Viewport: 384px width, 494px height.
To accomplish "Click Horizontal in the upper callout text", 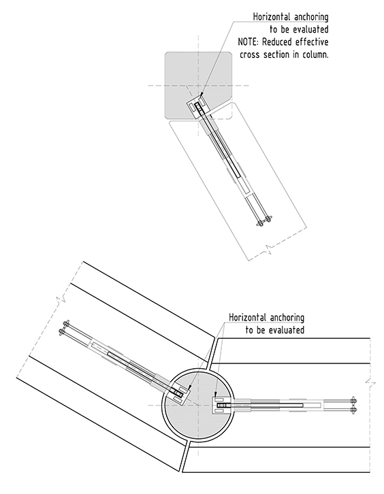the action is pos(272,17).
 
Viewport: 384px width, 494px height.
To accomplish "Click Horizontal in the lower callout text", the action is pos(248,317).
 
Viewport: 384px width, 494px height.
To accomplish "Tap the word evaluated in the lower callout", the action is pos(287,330).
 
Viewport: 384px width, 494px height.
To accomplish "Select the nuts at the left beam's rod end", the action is pos(66,327).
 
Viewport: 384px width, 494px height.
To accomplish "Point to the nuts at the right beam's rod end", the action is pos(353,405).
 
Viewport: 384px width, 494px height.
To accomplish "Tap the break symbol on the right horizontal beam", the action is pos(370,384).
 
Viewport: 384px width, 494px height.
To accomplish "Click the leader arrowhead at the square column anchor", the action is pos(201,95).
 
